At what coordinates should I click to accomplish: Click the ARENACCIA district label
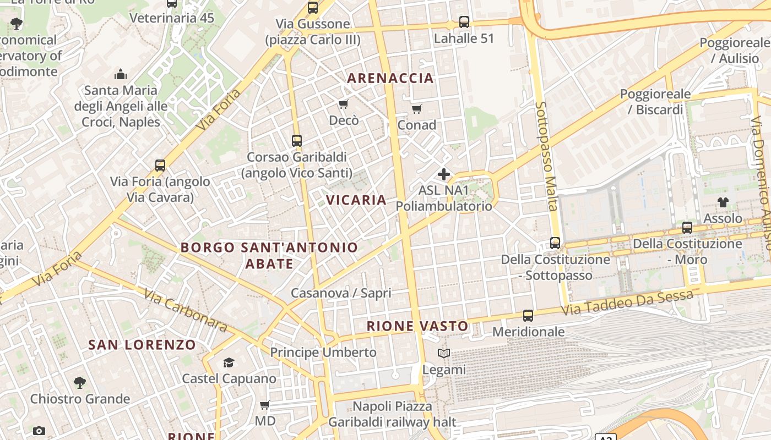pos(390,78)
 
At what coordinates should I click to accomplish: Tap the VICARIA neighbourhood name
pos(356,200)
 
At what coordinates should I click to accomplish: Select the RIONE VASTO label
pos(417,326)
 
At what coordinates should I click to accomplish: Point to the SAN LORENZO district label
pos(142,345)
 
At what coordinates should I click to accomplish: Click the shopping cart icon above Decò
pos(344,104)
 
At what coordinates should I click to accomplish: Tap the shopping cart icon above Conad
pos(417,109)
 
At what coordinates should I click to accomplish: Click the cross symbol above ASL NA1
pos(443,175)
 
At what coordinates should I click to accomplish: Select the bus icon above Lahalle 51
pos(464,22)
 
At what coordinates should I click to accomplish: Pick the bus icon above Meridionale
pos(528,316)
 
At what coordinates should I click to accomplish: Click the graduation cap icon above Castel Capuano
pos(229,362)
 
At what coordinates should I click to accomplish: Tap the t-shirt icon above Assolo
pos(723,202)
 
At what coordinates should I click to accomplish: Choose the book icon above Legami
pos(444,353)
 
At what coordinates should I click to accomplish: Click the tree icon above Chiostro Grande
pos(80,382)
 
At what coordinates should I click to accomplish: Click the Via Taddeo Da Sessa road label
pos(627,303)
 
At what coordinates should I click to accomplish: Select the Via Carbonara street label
pos(186,310)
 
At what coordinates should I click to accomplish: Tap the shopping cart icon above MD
pos(265,405)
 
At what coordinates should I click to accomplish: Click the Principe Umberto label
pos(323,352)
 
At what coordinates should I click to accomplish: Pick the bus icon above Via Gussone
pos(313,8)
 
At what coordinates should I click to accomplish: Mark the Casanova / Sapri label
pos(341,293)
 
